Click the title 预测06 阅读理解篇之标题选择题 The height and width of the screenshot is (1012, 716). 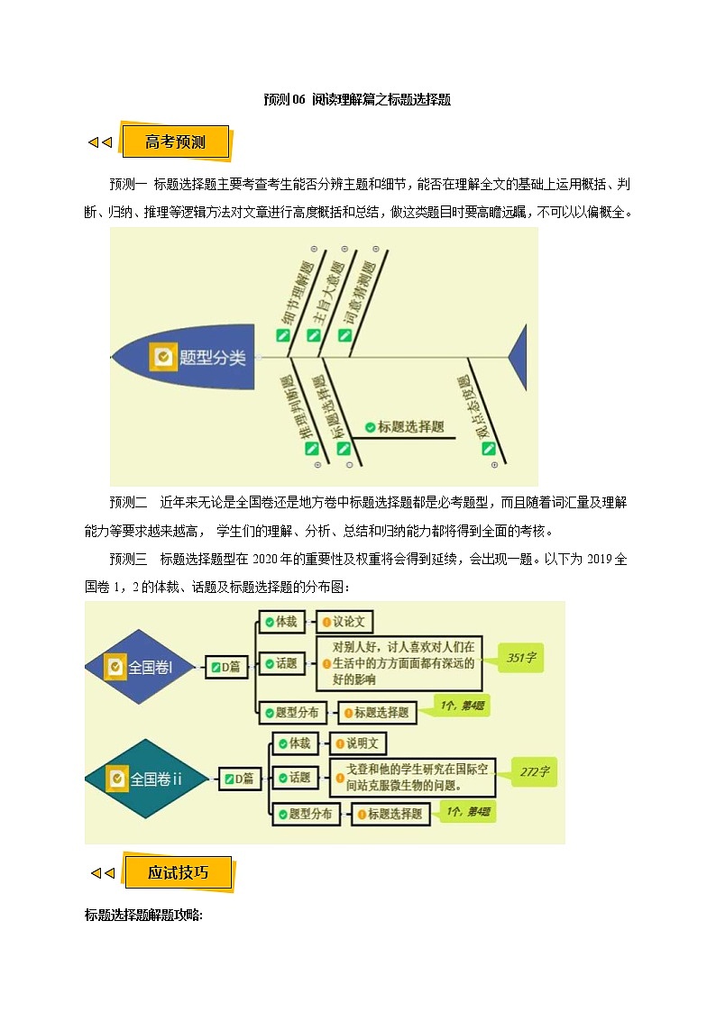click(357, 100)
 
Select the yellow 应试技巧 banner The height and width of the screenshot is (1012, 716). click(178, 872)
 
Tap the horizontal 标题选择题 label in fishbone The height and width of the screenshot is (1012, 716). click(405, 427)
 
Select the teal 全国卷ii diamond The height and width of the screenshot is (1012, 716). click(145, 779)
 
